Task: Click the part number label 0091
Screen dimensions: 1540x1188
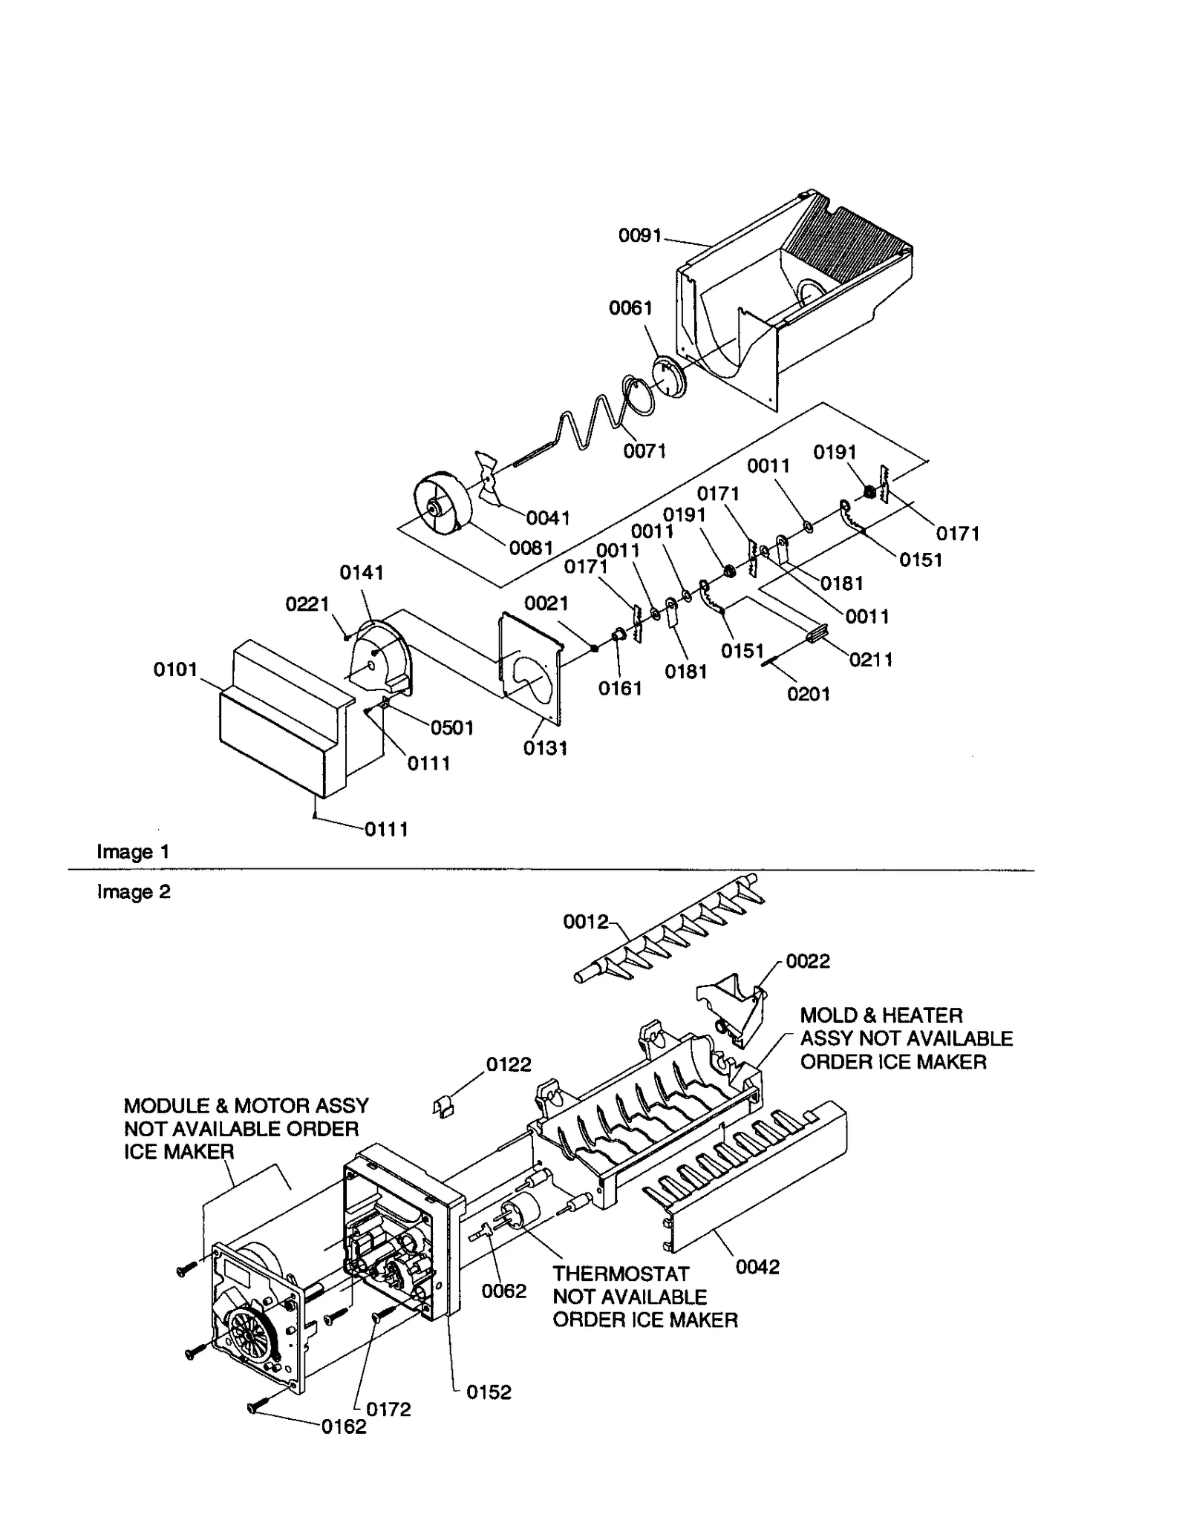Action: coord(639,236)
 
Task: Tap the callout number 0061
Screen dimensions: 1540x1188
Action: coord(630,308)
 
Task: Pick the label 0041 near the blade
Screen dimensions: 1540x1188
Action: coord(547,518)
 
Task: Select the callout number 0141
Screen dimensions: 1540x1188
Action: coord(362,572)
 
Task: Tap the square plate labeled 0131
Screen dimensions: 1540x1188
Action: coord(529,667)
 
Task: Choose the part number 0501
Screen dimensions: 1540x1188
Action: coord(451,727)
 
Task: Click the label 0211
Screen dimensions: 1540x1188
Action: coord(871,659)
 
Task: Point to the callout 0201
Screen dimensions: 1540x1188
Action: coord(809,694)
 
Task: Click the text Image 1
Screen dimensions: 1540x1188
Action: coord(133,851)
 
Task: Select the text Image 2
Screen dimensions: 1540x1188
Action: coord(133,891)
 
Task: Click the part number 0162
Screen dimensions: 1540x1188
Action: coord(344,1426)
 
